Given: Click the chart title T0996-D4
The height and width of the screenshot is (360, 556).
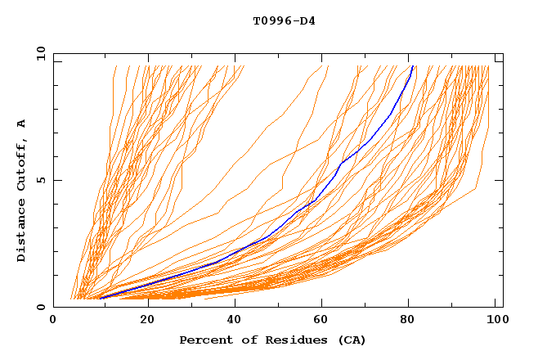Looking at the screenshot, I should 284,20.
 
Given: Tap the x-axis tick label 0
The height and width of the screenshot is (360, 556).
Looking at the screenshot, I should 53,320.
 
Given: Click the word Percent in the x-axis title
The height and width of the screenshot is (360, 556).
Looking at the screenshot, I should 204,340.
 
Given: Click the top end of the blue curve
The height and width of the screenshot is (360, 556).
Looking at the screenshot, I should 413,66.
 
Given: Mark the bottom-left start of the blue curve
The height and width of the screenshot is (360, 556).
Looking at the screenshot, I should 99,298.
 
